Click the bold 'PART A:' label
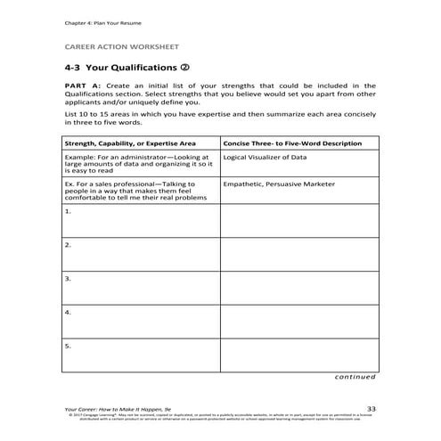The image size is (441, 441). tap(83, 86)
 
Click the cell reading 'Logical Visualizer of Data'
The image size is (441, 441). tap(265, 157)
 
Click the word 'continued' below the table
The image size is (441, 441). tap(355, 377)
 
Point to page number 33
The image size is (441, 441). tap(372, 406)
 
